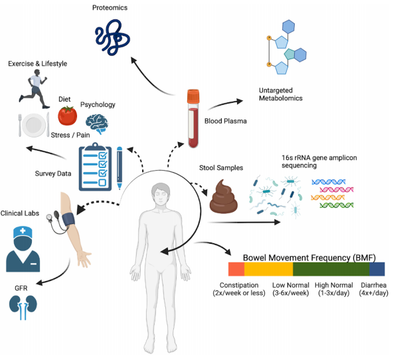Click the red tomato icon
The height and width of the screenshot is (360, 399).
[x=68, y=116]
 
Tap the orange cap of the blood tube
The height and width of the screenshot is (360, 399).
[x=193, y=96]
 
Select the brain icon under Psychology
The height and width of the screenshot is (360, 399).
[x=97, y=124]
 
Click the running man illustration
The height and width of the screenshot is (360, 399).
[x=34, y=88]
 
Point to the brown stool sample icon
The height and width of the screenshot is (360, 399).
[x=223, y=197]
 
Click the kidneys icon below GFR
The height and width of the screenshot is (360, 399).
[x=23, y=307]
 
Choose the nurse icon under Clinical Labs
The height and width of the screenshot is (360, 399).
[x=23, y=249]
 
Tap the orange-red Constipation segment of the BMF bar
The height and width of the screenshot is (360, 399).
[x=236, y=269]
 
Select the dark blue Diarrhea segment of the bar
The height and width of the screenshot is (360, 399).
[x=377, y=269]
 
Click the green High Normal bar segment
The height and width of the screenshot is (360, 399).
[x=331, y=269]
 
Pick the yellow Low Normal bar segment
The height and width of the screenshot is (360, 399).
[x=268, y=269]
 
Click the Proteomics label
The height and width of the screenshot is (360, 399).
[x=110, y=7]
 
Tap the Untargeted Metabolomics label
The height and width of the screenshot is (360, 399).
[x=281, y=94]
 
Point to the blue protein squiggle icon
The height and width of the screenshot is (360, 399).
[x=112, y=37]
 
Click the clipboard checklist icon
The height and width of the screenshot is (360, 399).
[x=95, y=167]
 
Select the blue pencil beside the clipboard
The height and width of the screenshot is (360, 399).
[x=120, y=168]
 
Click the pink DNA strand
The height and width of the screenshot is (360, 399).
[x=337, y=190]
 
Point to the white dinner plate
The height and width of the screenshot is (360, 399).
[x=34, y=125]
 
